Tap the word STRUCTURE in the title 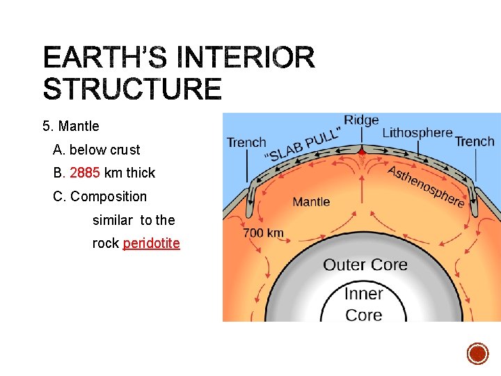(x=132, y=90)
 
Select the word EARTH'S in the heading (x=104, y=57)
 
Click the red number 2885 (x=85, y=173)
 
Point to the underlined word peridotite (x=151, y=244)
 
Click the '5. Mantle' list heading (x=70, y=126)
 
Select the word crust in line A (x=125, y=150)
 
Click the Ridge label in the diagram (x=361, y=120)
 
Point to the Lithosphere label (x=417, y=132)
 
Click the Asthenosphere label (x=426, y=185)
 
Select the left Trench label (x=246, y=142)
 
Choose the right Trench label (x=475, y=141)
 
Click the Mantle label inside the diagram (x=311, y=202)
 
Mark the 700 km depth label (x=263, y=233)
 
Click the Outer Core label (x=365, y=265)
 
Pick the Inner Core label (x=363, y=304)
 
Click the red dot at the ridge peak (x=361, y=150)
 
